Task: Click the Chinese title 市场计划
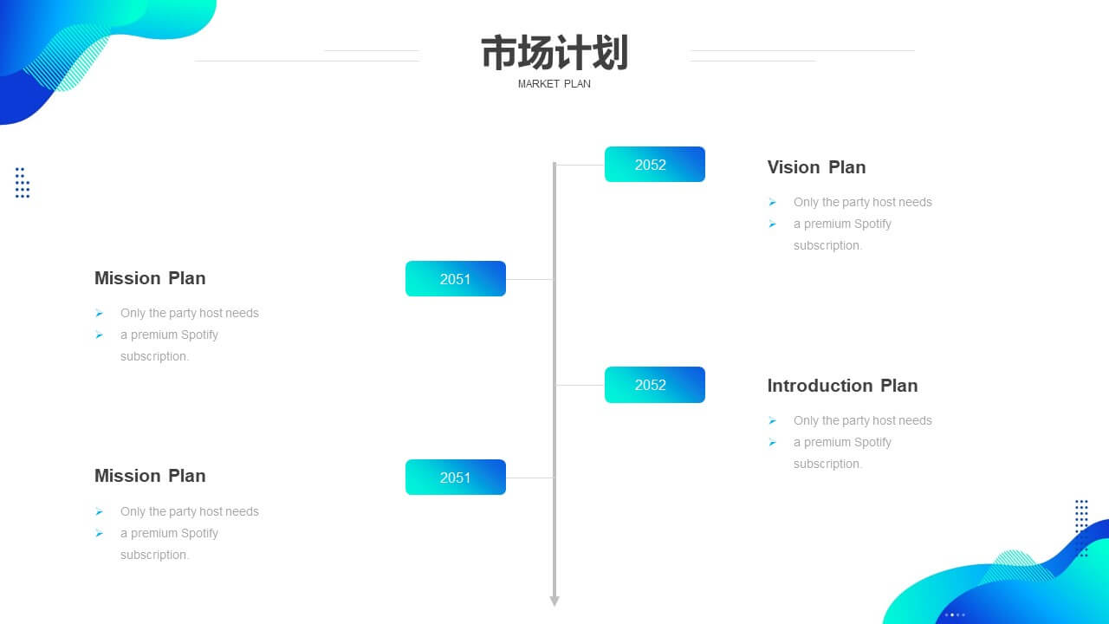(x=554, y=53)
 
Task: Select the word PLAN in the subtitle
(x=577, y=84)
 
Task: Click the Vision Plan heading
(x=816, y=167)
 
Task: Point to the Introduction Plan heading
(x=843, y=386)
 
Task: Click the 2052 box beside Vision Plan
(x=654, y=165)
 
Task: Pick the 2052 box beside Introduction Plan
(x=654, y=385)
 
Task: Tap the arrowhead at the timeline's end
(x=554, y=601)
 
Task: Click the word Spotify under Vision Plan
(x=872, y=224)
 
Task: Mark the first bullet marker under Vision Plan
(x=772, y=202)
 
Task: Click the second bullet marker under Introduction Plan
(x=772, y=442)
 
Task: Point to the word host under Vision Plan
(x=883, y=202)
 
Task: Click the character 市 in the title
(x=499, y=53)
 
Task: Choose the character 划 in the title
(x=611, y=53)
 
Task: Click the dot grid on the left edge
(x=23, y=183)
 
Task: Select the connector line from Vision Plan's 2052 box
(x=580, y=165)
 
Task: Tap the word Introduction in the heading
(x=820, y=386)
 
